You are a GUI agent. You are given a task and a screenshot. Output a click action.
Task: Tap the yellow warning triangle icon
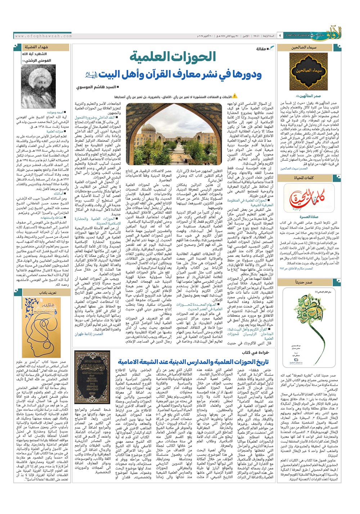(x=235, y=96)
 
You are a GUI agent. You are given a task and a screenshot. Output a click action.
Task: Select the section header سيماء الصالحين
(x=304, y=47)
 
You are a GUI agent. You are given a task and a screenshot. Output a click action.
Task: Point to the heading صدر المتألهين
(x=310, y=96)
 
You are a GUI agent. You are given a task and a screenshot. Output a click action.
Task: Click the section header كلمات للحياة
(x=304, y=178)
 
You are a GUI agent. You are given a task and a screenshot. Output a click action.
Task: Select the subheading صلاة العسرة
(x=309, y=217)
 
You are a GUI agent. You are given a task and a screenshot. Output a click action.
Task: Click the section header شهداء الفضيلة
(x=37, y=47)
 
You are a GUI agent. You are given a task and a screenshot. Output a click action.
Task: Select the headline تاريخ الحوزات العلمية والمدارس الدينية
(x=193, y=361)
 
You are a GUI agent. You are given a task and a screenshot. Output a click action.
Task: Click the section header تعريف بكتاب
(x=48, y=293)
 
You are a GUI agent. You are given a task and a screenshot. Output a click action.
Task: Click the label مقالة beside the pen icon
(x=261, y=49)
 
